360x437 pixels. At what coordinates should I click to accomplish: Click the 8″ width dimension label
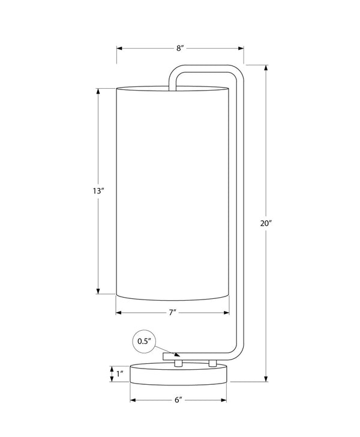[180, 48]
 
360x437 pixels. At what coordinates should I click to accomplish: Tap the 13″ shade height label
[98, 191]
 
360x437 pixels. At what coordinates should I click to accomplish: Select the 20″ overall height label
[266, 223]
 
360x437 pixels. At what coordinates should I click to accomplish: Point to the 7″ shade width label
[173, 313]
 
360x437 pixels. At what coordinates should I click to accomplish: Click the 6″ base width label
[178, 400]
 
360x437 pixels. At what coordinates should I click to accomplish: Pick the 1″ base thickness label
[120, 373]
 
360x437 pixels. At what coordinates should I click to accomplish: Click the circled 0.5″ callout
[145, 342]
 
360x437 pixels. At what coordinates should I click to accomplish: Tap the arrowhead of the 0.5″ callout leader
[177, 355]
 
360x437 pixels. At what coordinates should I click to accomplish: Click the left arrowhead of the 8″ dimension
[119, 48]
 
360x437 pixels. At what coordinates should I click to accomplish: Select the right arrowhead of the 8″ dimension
[241, 48]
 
